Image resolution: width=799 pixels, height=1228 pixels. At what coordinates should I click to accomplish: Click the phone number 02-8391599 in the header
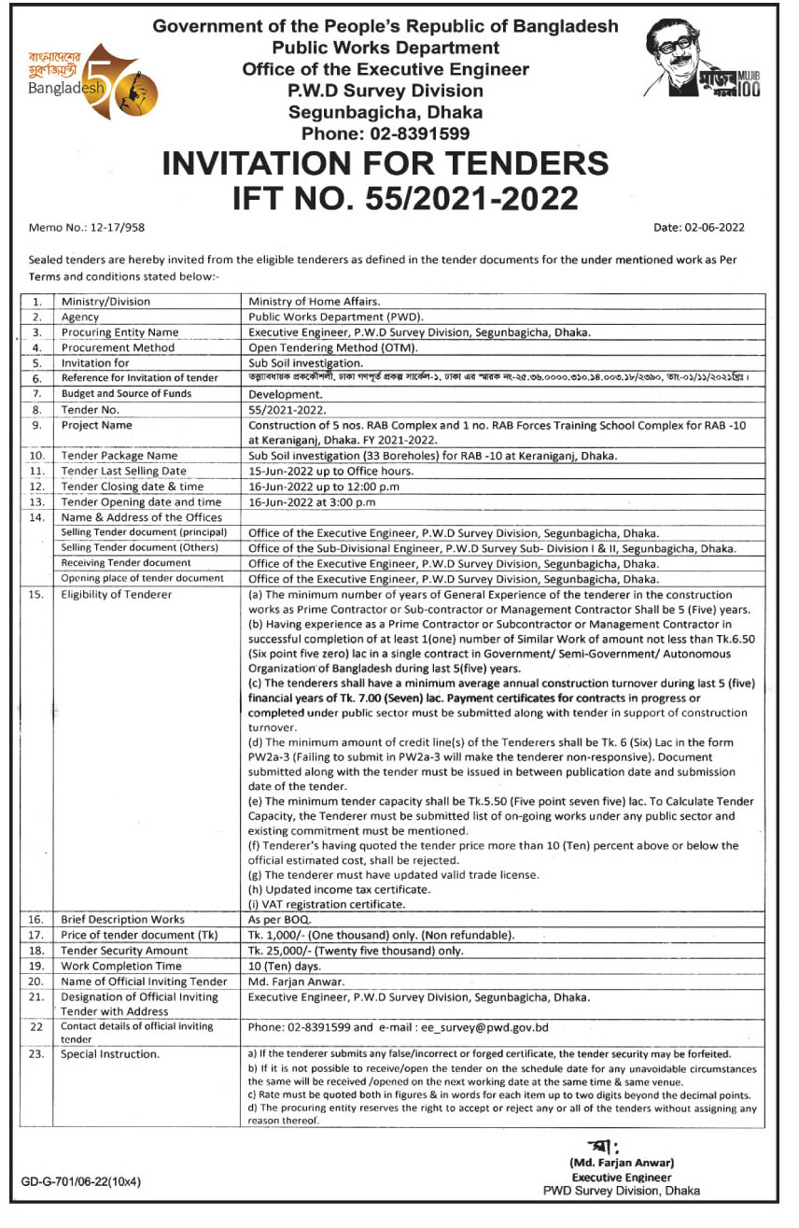tap(385, 134)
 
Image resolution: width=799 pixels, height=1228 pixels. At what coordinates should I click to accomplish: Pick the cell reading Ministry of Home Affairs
tap(314, 302)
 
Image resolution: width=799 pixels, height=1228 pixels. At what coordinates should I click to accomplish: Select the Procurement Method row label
tap(118, 347)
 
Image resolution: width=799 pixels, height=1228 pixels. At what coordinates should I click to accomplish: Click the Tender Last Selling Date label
tap(123, 471)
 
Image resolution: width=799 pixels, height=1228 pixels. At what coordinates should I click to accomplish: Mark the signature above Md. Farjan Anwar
tap(603, 1146)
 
